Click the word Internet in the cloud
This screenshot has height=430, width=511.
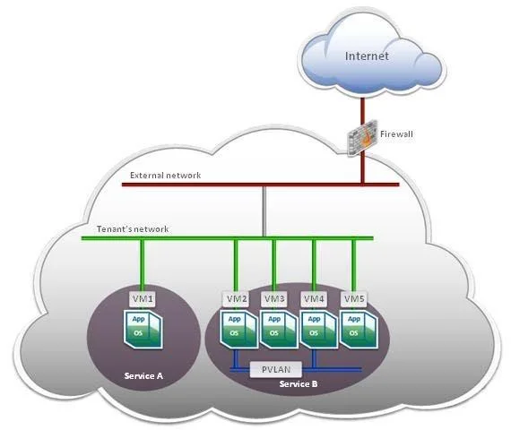click(x=367, y=56)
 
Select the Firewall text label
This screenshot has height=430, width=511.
click(x=396, y=134)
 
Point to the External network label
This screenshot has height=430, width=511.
click(x=165, y=176)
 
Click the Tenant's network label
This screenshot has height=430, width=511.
click(x=133, y=229)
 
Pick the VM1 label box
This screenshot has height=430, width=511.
click(x=143, y=298)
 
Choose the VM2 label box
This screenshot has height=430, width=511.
click(x=236, y=298)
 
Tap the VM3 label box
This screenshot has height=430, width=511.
click(x=274, y=298)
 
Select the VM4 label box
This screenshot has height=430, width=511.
click(x=314, y=298)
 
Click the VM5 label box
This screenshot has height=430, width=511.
click(x=354, y=298)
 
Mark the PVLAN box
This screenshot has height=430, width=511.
click(x=276, y=369)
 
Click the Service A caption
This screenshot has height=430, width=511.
click(x=143, y=376)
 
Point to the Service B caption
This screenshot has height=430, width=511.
click(x=299, y=384)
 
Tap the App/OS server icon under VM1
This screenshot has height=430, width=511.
click(x=143, y=330)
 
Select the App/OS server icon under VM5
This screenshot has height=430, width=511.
click(x=359, y=330)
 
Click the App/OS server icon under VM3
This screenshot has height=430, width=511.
click(x=280, y=330)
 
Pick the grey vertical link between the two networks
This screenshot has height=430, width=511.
click(x=264, y=211)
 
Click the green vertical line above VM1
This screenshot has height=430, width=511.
click(x=143, y=266)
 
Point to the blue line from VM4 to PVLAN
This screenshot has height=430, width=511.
click(x=314, y=358)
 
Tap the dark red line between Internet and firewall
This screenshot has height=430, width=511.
click(x=362, y=108)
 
